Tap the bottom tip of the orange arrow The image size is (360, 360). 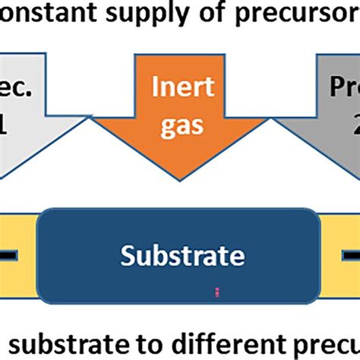tap(180, 179)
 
